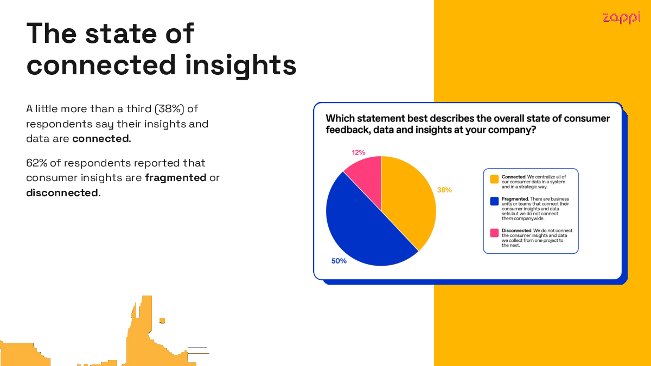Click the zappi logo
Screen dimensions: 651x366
point(621,17)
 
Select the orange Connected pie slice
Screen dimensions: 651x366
point(410,201)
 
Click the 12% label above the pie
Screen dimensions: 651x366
point(359,152)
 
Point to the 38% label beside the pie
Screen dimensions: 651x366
point(444,190)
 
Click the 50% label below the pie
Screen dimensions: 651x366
point(339,261)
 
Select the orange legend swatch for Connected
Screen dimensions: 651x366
point(494,179)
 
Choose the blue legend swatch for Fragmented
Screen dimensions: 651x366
point(494,201)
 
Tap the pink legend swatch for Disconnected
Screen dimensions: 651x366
point(494,233)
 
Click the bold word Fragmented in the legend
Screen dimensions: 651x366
point(515,199)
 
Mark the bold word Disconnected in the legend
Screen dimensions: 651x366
point(516,230)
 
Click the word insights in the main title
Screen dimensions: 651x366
point(241,66)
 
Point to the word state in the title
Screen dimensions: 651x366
point(121,34)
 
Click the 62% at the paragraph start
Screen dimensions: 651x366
point(37,163)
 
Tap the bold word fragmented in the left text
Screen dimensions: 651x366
point(176,178)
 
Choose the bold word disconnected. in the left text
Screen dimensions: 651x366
point(63,193)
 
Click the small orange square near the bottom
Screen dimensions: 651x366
point(162,320)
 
